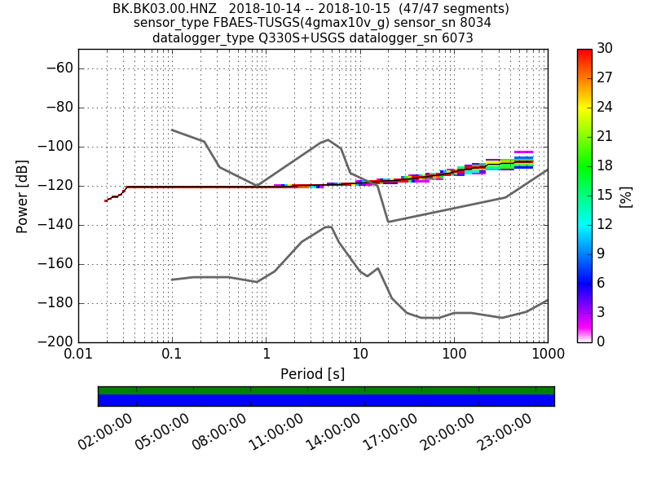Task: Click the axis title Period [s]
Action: [x=312, y=374]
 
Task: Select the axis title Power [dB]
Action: [x=22, y=196]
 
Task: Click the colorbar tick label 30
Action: [x=604, y=49]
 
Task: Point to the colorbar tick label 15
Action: [x=604, y=196]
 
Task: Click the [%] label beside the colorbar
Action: [x=626, y=196]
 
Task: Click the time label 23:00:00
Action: [x=504, y=432]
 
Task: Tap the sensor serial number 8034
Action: [x=475, y=23]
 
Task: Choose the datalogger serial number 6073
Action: [x=456, y=37]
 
